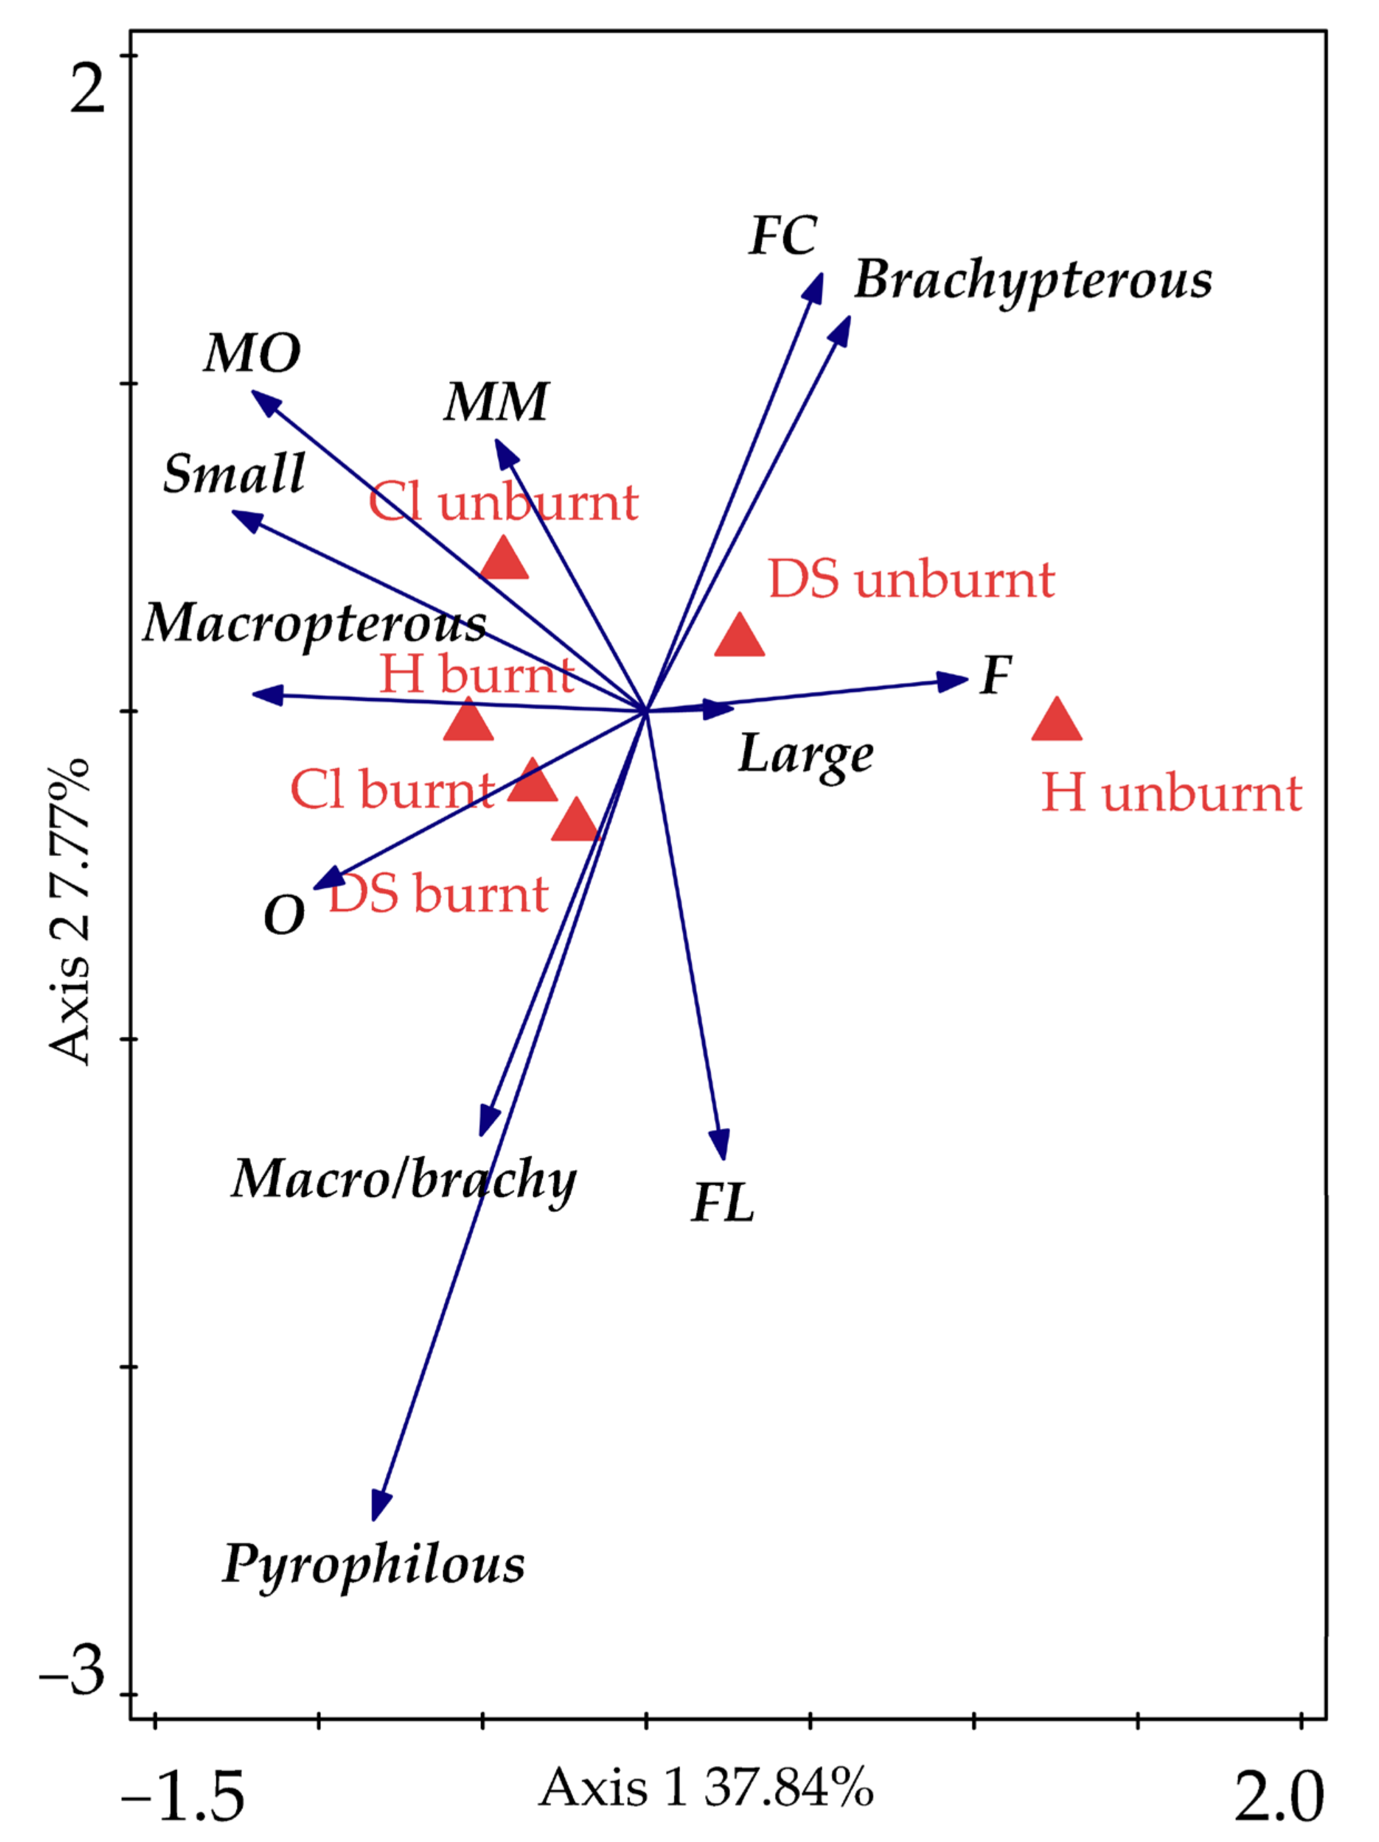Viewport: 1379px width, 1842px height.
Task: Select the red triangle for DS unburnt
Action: coord(740,637)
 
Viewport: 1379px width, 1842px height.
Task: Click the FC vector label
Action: coord(783,236)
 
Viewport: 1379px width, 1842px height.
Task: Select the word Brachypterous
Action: coord(1033,281)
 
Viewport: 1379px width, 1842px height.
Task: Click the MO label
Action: coord(252,353)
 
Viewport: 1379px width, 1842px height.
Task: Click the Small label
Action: coord(234,474)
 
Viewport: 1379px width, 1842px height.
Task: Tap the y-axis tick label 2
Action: coord(87,87)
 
